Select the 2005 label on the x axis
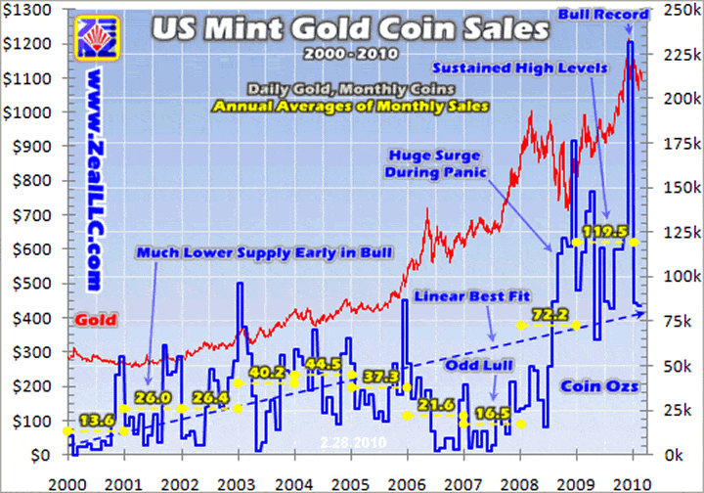click(351, 483)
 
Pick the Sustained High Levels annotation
click(534, 68)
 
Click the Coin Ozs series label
click(599, 386)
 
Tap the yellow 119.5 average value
click(603, 232)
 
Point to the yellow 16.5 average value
click(490, 414)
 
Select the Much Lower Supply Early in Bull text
click(264, 253)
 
